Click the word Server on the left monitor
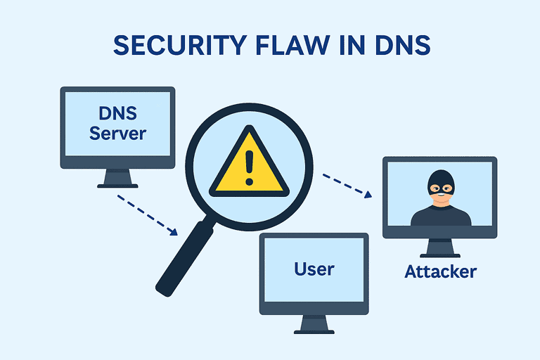(117, 133)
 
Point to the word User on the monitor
(314, 268)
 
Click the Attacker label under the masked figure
(440, 271)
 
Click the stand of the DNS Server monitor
(117, 179)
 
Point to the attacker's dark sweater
(440, 216)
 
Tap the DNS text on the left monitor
(117, 112)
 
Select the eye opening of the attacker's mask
(440, 188)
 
